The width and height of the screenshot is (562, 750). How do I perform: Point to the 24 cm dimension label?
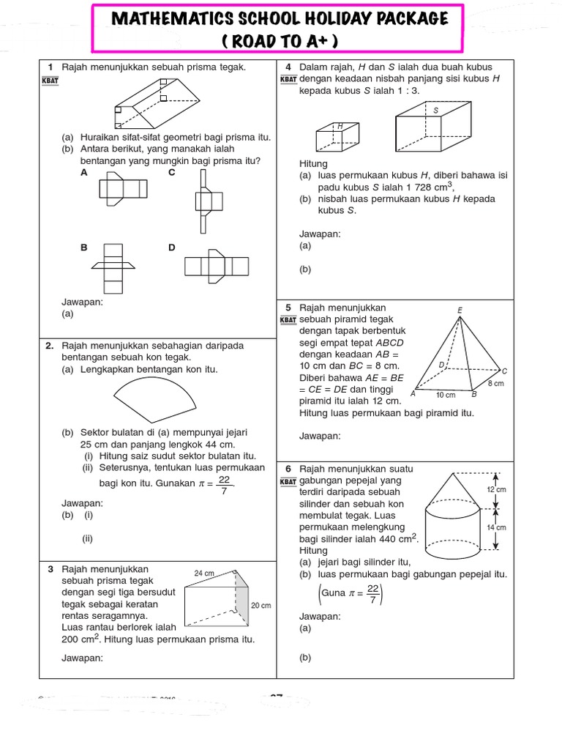click(204, 573)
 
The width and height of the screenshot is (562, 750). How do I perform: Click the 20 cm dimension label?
click(261, 606)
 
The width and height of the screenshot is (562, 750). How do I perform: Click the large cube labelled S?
click(431, 125)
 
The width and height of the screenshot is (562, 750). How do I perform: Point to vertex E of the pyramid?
click(460, 311)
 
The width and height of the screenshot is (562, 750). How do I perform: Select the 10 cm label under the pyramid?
click(445, 396)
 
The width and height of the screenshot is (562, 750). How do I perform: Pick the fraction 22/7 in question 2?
click(224, 484)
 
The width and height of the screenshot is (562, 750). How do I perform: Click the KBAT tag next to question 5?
click(288, 320)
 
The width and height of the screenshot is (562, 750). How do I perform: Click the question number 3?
click(50, 568)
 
